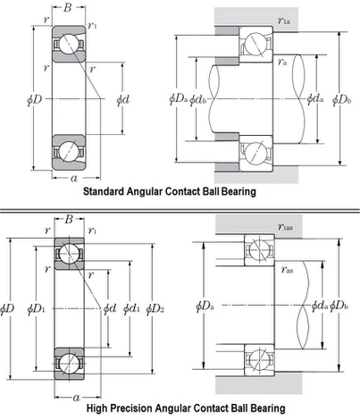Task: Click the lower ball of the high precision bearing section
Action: coord(68,364)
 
